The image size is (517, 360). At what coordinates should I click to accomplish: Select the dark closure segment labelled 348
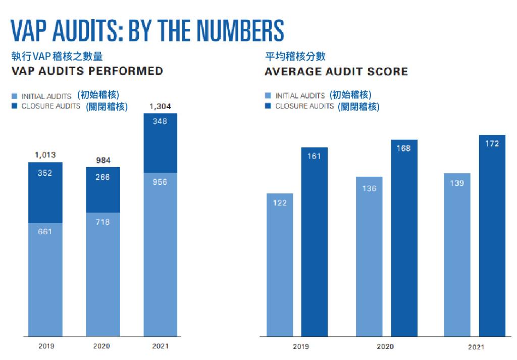click(x=160, y=143)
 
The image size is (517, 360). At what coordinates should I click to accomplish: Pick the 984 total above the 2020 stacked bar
click(x=103, y=161)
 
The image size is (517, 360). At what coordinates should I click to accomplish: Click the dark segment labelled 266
click(x=103, y=190)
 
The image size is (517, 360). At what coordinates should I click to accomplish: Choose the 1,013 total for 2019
click(x=45, y=155)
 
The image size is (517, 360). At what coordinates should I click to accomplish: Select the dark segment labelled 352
click(x=45, y=192)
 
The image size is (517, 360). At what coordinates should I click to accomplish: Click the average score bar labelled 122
click(x=280, y=265)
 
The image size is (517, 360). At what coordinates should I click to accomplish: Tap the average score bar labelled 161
click(x=315, y=241)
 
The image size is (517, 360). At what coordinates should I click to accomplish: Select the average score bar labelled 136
click(x=369, y=256)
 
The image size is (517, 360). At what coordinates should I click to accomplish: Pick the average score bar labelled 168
click(x=404, y=238)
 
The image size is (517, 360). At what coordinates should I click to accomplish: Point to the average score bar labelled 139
click(x=457, y=254)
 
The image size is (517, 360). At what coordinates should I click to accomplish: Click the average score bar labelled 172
click(x=492, y=235)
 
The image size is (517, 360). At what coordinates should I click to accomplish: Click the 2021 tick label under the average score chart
click(x=476, y=347)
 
